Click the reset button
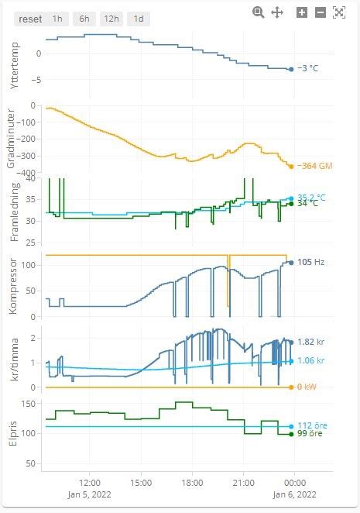pyautogui.click(x=30, y=19)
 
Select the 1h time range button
pyautogui.click(x=57, y=19)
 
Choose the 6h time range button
pyautogui.click(x=84, y=19)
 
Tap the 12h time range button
pyautogui.click(x=111, y=19)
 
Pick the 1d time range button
pyautogui.click(x=139, y=19)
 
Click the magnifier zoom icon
pyautogui.click(x=259, y=12)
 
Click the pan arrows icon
pyautogui.click(x=277, y=12)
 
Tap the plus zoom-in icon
pyautogui.click(x=302, y=12)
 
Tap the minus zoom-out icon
pyautogui.click(x=320, y=12)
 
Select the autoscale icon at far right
pyautogui.click(x=338, y=12)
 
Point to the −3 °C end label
pyautogui.click(x=308, y=69)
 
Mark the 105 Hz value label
pyautogui.click(x=310, y=262)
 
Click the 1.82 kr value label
pyautogui.click(x=310, y=342)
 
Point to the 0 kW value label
pyautogui.click(x=307, y=387)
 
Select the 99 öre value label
pyautogui.click(x=310, y=434)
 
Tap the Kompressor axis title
pyautogui.click(x=15, y=286)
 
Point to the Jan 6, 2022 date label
pyautogui.click(x=296, y=494)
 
